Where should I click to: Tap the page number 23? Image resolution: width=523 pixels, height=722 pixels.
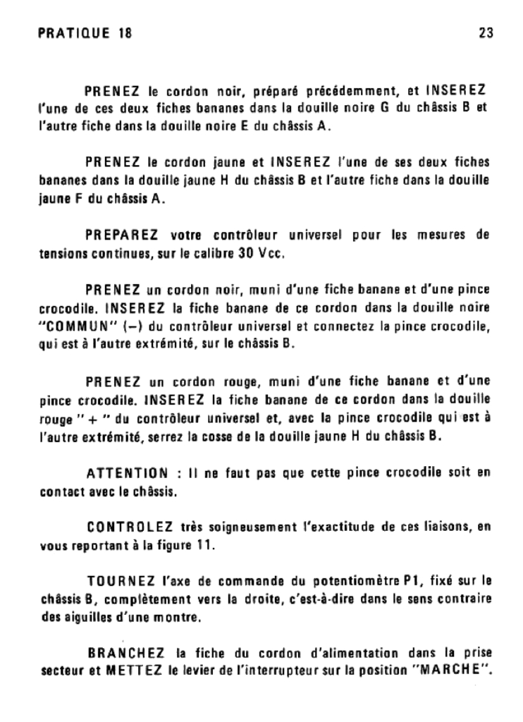486,33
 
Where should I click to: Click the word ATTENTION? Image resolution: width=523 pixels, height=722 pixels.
127,473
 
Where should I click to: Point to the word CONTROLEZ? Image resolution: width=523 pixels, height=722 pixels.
128,527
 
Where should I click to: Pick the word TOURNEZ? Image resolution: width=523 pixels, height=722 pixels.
121,581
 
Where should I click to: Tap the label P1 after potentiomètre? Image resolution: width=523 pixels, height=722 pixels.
412,582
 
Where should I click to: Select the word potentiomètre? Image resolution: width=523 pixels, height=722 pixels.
355,582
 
